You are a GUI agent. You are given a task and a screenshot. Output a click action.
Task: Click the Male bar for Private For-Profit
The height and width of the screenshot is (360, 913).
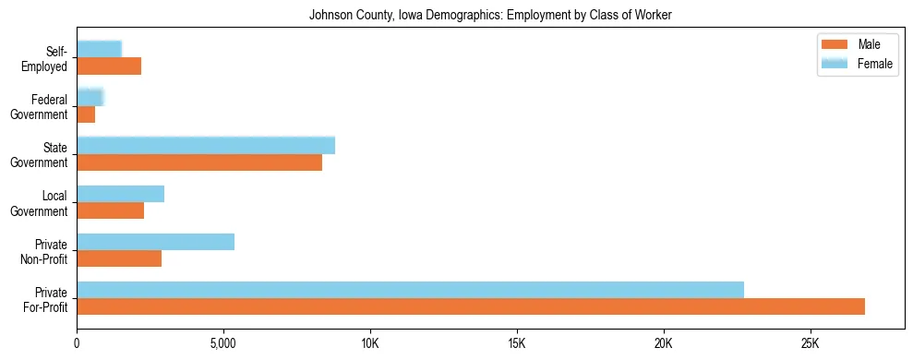[x=471, y=306]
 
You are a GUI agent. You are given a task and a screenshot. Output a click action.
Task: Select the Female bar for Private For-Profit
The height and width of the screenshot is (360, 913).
[x=410, y=290]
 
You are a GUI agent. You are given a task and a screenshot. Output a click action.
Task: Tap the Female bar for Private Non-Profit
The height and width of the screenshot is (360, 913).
[x=155, y=242]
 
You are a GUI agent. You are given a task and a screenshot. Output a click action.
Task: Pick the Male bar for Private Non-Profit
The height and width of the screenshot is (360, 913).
[x=119, y=258]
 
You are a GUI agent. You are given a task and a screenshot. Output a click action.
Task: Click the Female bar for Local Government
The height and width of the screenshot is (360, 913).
[x=120, y=194]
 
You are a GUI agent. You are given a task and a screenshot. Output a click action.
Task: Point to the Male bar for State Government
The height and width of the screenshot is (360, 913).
[x=199, y=162]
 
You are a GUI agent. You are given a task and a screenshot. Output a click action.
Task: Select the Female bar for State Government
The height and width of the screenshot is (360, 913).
[x=206, y=146]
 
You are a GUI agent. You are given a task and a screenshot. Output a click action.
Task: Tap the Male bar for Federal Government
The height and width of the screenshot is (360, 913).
[x=86, y=114]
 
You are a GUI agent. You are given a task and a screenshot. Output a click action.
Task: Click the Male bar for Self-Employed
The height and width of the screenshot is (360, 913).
[x=109, y=66]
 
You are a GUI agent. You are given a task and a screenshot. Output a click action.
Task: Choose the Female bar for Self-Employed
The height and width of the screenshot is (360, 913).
[x=99, y=50]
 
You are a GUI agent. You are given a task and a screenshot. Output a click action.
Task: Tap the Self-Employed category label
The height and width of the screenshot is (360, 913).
[x=44, y=59]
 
